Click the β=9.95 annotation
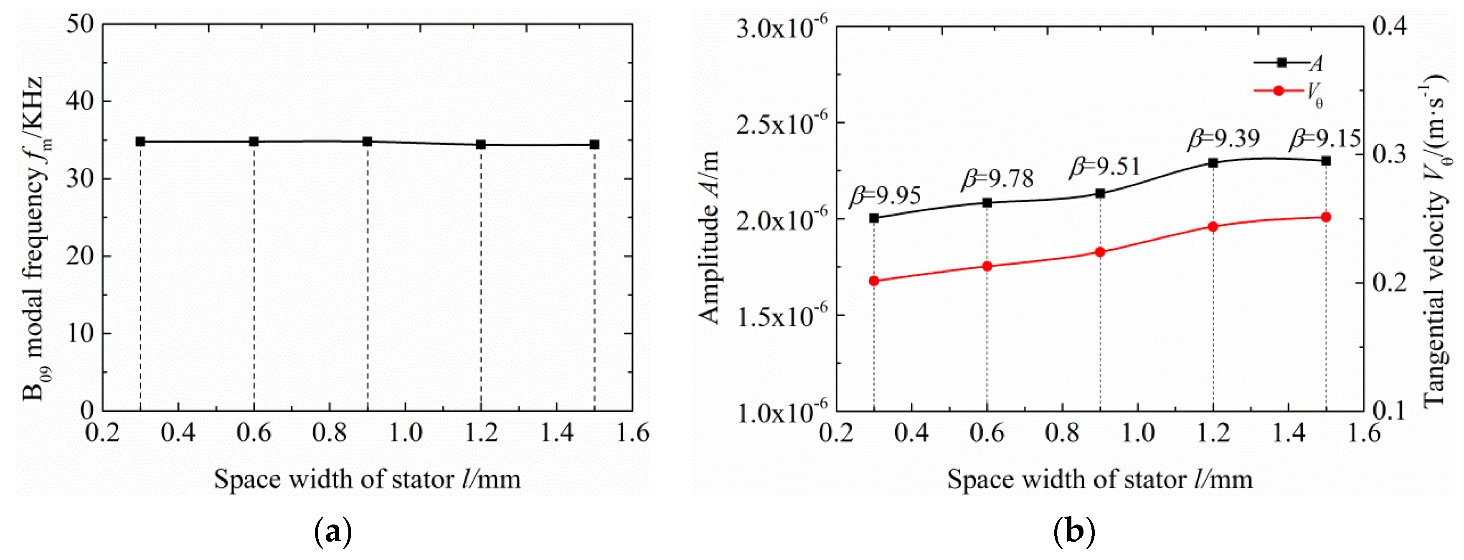(886, 196)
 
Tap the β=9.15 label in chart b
(1325, 139)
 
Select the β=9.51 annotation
(1105, 166)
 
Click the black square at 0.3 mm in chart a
(140, 142)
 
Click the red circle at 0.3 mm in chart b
(874, 281)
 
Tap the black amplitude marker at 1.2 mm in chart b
(1213, 163)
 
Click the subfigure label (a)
(332, 532)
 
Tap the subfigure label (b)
(1073, 532)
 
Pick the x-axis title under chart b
(1100, 479)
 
